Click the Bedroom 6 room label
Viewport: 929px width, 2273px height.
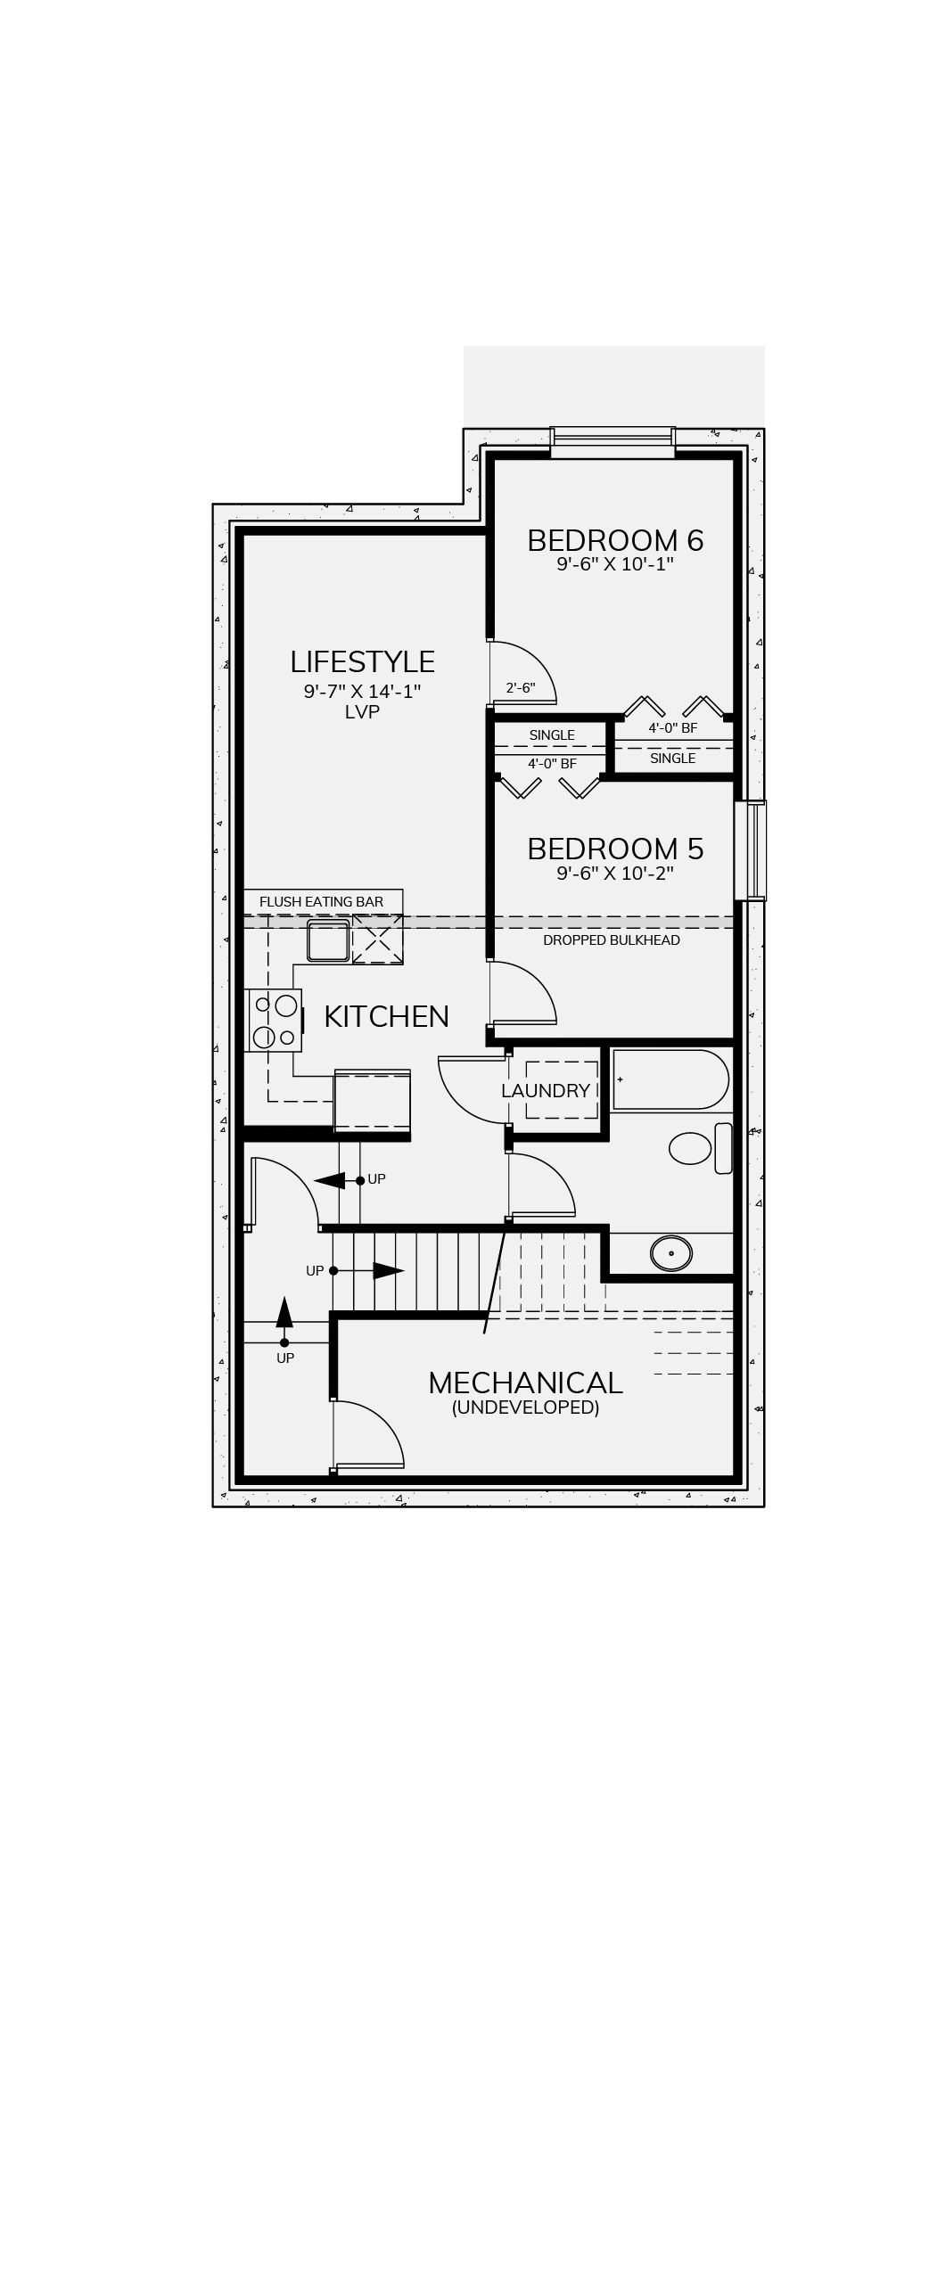tap(615, 540)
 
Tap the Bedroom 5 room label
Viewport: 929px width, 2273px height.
tap(615, 849)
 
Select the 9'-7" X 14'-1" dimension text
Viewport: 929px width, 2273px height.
tap(362, 691)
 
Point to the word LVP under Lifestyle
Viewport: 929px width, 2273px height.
tap(362, 711)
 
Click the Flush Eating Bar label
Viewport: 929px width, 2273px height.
tap(321, 902)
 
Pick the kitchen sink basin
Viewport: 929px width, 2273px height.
tap(328, 940)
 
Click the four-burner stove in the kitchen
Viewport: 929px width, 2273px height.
tap(274, 1020)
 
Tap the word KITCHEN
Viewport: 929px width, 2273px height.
tap(386, 1016)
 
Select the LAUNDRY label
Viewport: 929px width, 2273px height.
tap(546, 1090)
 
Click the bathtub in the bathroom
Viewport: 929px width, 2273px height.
tap(670, 1079)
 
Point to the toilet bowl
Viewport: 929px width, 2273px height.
tap(691, 1148)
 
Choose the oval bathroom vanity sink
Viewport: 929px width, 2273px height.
tap(671, 1253)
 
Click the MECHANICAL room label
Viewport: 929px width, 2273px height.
tap(525, 1383)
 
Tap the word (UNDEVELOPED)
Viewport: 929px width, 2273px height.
tap(525, 1407)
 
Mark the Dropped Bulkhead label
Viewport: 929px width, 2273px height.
tap(612, 940)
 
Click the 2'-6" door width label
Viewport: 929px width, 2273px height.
tap(521, 688)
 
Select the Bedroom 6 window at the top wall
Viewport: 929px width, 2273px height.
tap(612, 443)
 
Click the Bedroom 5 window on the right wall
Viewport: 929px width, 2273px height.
tap(750, 850)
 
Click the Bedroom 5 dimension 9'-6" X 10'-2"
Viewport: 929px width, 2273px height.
tap(615, 874)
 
